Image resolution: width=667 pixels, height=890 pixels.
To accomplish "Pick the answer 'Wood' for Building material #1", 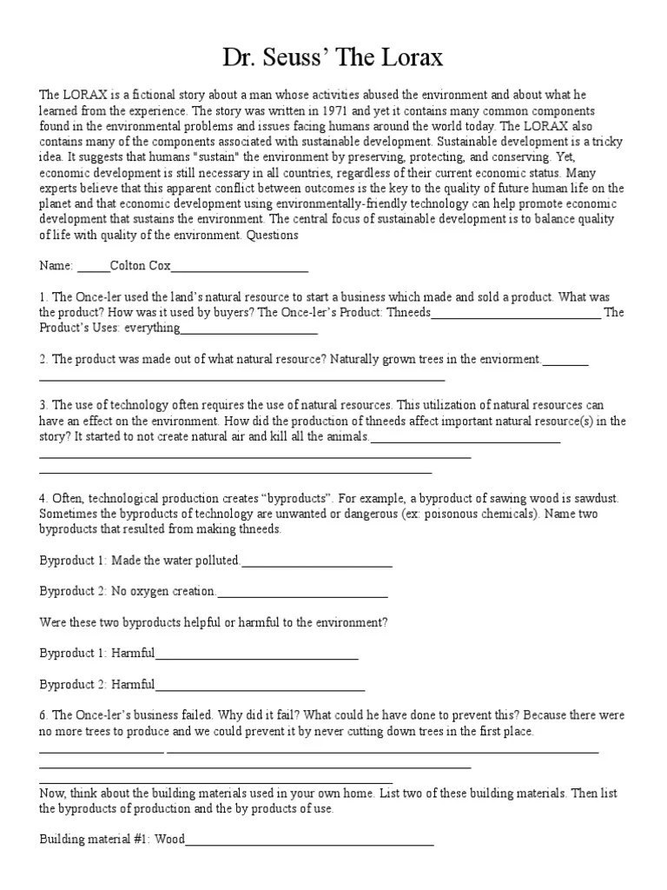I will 170,840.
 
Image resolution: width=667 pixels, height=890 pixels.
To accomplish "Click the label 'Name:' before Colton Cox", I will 56,266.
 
